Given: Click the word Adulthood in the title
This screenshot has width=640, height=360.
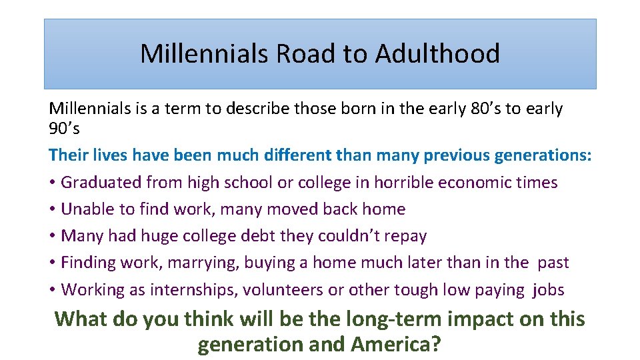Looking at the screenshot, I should [437, 53].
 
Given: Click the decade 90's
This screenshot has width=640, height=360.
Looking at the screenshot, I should [64, 129].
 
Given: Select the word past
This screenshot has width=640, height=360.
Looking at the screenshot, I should [553, 263].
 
